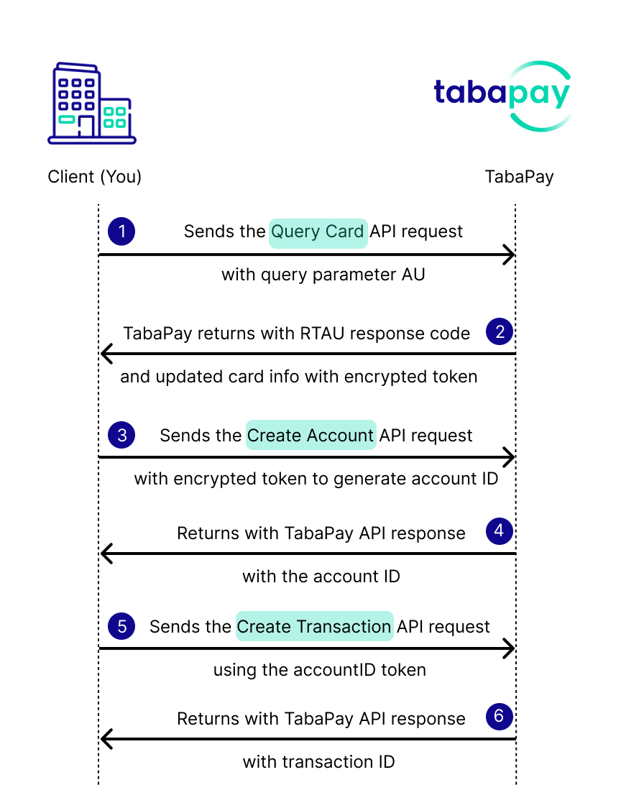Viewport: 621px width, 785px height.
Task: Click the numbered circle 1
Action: coord(121,231)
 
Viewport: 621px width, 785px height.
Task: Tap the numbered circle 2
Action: coord(500,331)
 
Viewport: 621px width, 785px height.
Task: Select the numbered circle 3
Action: coord(121,434)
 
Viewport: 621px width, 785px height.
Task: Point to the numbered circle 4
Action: coord(500,531)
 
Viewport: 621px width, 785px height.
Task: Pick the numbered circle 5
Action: coord(121,626)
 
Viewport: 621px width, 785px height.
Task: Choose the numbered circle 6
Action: coord(500,716)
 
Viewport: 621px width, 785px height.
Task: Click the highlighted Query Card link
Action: coord(318,234)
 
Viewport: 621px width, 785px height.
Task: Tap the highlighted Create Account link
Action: coord(310,435)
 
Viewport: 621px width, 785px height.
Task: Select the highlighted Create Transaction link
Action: coord(314,626)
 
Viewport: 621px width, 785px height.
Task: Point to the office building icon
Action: coord(92,103)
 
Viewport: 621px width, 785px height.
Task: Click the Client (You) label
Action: coord(95,177)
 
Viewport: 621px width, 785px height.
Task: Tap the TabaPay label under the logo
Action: coord(520,177)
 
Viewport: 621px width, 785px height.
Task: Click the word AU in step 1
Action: coord(413,275)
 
